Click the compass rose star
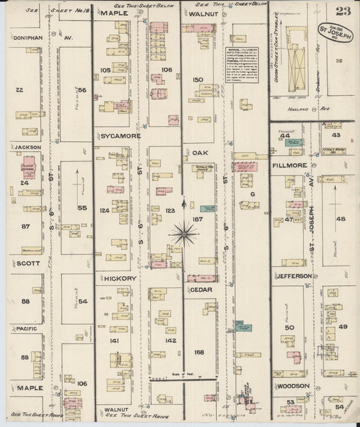184,233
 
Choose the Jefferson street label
293,276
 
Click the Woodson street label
292,386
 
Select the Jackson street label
26,147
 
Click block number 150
198,80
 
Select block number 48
340,218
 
